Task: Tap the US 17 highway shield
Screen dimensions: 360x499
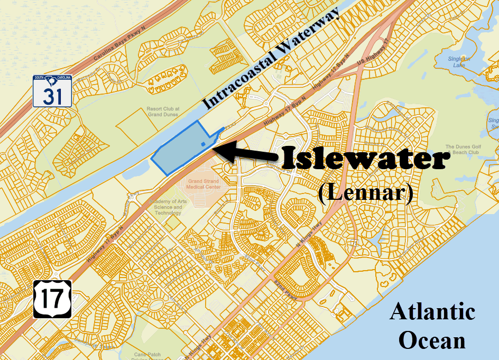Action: [52, 299]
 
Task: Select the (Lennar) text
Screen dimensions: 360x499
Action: [365, 193]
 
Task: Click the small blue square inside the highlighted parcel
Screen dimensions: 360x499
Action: [204, 143]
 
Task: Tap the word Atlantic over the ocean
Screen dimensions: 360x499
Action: [432, 311]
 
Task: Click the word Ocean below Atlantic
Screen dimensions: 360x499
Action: [432, 340]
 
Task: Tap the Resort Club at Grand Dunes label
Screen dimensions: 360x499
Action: [162, 111]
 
